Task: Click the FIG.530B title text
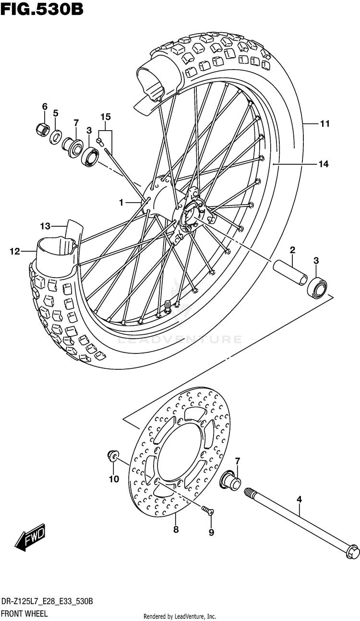(42, 9)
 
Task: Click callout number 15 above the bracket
(106, 117)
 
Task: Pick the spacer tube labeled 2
(290, 273)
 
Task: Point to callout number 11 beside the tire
(324, 123)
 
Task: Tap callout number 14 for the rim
(323, 164)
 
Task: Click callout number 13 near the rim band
(45, 226)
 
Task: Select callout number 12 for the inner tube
(15, 252)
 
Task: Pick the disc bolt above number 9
(207, 509)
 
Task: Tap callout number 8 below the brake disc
(176, 530)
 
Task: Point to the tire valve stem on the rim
(168, 306)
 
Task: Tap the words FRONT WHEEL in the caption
(24, 613)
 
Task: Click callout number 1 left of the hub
(121, 203)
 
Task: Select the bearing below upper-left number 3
(90, 157)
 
